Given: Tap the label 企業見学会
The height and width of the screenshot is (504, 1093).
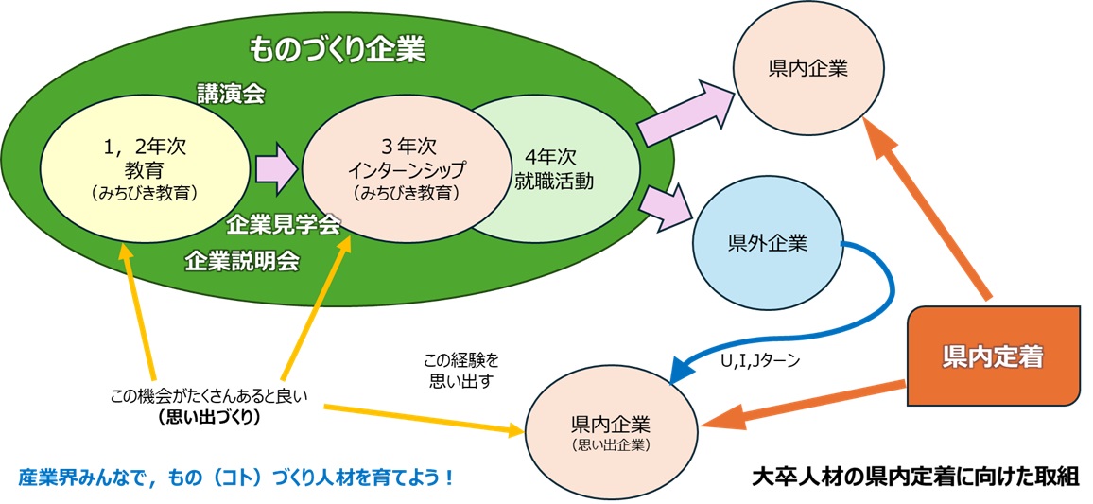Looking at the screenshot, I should [284, 224].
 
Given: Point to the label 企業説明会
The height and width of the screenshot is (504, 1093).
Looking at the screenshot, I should [243, 260].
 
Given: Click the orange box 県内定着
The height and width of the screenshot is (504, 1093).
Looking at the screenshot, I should [992, 356].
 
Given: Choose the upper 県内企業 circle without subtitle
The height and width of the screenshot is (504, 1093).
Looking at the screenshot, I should [808, 69].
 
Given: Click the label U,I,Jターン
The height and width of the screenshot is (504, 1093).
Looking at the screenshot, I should [755, 360].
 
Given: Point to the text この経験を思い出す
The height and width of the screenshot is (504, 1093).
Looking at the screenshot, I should [460, 371].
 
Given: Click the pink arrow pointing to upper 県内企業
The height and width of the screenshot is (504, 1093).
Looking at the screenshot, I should [683, 113].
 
